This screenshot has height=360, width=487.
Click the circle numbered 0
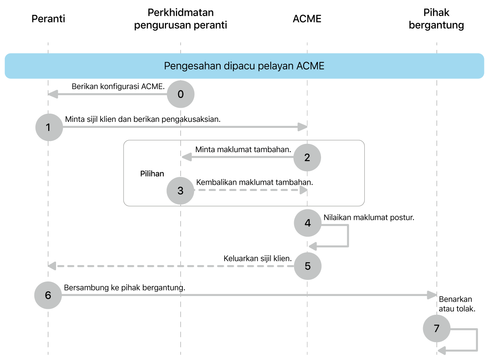coord(181,94)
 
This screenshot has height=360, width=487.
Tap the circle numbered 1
coord(49,127)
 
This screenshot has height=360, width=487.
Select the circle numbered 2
coord(307,157)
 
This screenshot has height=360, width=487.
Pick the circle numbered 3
coord(181,191)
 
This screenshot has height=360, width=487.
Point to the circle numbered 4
coord(308,223)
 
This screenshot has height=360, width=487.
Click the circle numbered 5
coord(308,266)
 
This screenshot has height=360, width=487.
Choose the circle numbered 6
coord(48,295)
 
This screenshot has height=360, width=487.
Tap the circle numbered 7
coord(437,329)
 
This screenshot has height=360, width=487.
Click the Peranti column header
coord(48,19)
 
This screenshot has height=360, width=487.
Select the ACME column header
coord(307,19)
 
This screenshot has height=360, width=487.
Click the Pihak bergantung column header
coord(436,19)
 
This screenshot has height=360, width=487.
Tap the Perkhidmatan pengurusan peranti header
coord(181,19)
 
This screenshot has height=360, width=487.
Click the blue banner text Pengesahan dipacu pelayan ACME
coord(244,66)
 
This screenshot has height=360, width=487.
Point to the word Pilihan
coord(152,173)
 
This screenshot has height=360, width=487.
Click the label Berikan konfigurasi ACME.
coord(118,86)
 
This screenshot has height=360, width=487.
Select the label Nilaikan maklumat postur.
coord(369,218)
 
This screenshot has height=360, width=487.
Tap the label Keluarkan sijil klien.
coord(258,258)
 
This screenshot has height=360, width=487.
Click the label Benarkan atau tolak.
coord(457,304)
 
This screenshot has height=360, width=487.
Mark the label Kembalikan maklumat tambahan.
coord(255,182)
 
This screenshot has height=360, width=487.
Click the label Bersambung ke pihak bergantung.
coord(124,287)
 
